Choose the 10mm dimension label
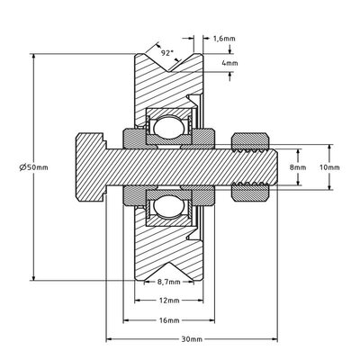tap(330, 166)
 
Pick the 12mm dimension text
tap(166, 300)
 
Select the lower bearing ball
tap(167, 209)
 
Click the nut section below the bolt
tap(250, 191)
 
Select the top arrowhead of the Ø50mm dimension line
tap(33, 57)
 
